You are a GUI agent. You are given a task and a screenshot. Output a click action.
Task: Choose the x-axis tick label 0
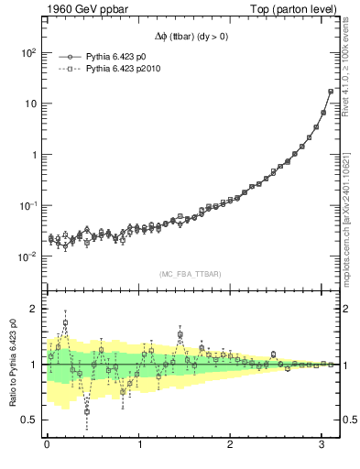47,444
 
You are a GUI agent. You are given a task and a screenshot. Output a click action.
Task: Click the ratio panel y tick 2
32,310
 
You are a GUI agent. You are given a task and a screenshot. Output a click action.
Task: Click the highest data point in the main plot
331,91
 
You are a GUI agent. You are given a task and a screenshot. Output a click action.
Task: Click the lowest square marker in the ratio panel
87,411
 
